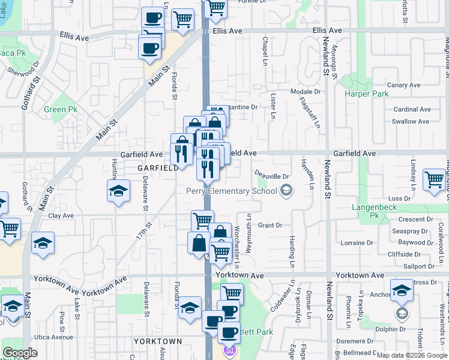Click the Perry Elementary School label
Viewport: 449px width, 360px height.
pyautogui.click(x=231, y=191)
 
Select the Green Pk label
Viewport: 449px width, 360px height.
pyautogui.click(x=61, y=110)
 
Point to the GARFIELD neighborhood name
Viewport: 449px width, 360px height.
pyautogui.click(x=158, y=169)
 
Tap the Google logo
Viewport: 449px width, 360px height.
pyautogui.click(x=20, y=353)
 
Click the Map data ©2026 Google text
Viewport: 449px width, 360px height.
pyautogui.click(x=411, y=355)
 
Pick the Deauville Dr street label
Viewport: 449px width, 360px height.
pyautogui.click(x=274, y=176)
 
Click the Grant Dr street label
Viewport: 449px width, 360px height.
pyautogui.click(x=270, y=226)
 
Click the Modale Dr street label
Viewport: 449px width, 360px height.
pyautogui.click(x=306, y=91)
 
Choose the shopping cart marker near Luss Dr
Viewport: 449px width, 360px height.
pyautogui.click(x=434, y=180)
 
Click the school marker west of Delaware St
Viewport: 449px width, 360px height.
pyautogui.click(x=118, y=192)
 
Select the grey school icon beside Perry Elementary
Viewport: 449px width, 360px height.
pyautogui.click(x=286, y=191)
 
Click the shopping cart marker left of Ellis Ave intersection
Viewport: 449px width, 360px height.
pyautogui.click(x=182, y=19)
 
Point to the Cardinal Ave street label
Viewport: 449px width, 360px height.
pyautogui.click(x=412, y=109)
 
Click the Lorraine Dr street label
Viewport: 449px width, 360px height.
pyautogui.click(x=357, y=243)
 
